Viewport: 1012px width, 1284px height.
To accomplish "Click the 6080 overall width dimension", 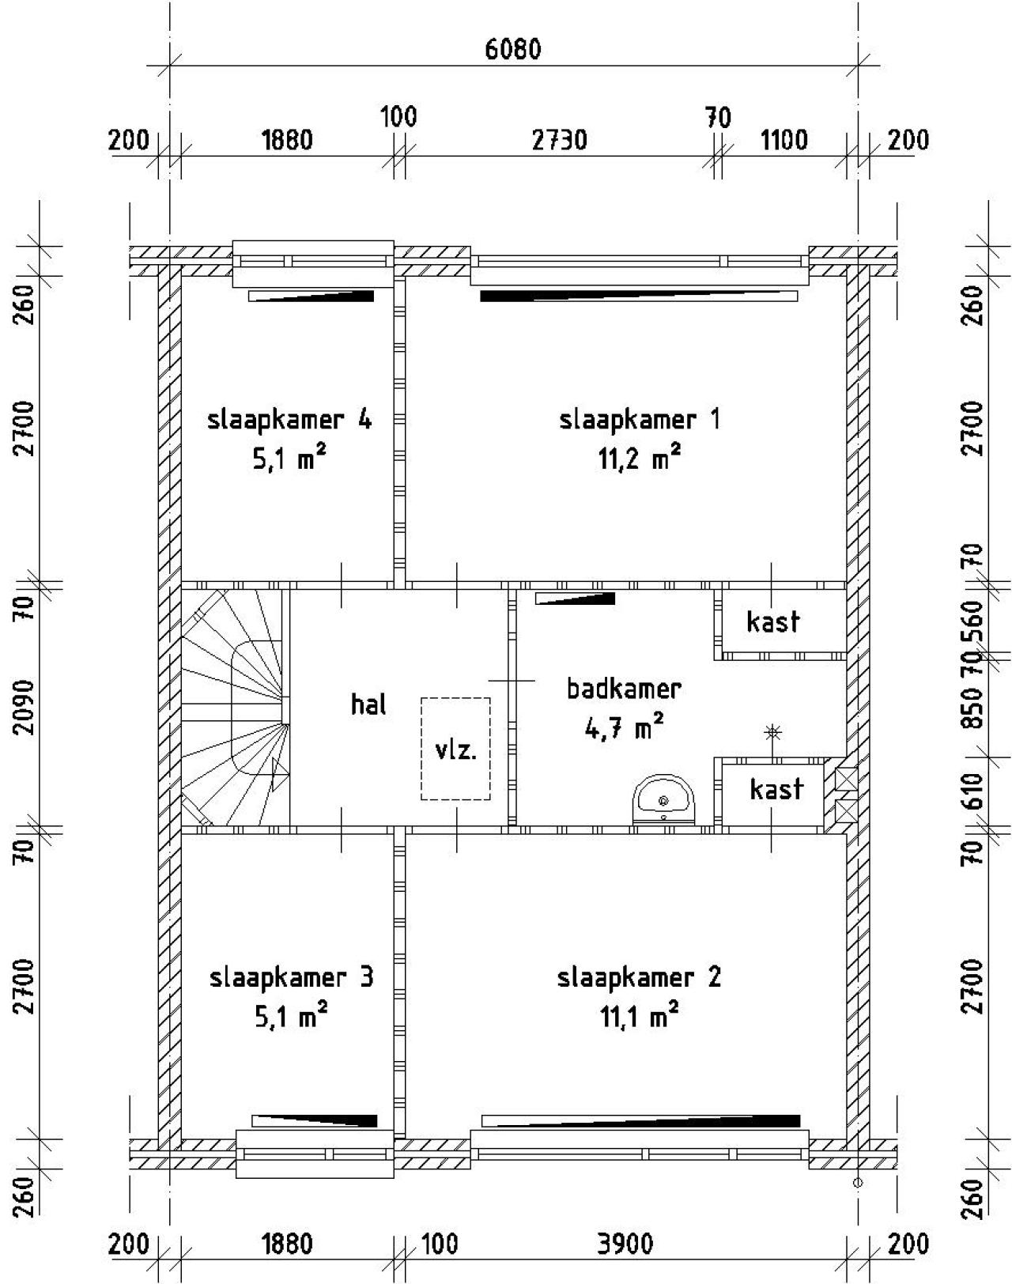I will pos(513,50).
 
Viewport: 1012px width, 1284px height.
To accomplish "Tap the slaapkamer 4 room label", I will pos(289,419).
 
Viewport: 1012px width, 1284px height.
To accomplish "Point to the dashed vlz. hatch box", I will pos(455,748).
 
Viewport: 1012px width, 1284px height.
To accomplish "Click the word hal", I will pos(368,704).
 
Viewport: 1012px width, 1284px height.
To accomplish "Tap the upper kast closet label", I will pos(773,622).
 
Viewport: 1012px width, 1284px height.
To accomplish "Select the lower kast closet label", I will pos(776,789).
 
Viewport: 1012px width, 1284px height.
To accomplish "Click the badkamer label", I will pos(624,689).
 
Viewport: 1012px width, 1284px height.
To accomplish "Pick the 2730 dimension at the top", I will pos(559,141).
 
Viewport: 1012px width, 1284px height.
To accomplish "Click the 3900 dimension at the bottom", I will pos(625,1244).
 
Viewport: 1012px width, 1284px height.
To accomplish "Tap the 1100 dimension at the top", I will pos(784,141).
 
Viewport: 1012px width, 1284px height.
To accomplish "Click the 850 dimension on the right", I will pos(974,708).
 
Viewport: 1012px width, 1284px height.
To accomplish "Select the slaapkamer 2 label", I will pos(639,978).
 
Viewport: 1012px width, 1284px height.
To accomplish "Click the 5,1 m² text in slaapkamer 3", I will pos(290,1016).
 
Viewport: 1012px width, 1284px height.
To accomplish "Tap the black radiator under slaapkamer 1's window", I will pos(639,296).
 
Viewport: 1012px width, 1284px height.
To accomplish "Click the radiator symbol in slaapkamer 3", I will pos(315,1120).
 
